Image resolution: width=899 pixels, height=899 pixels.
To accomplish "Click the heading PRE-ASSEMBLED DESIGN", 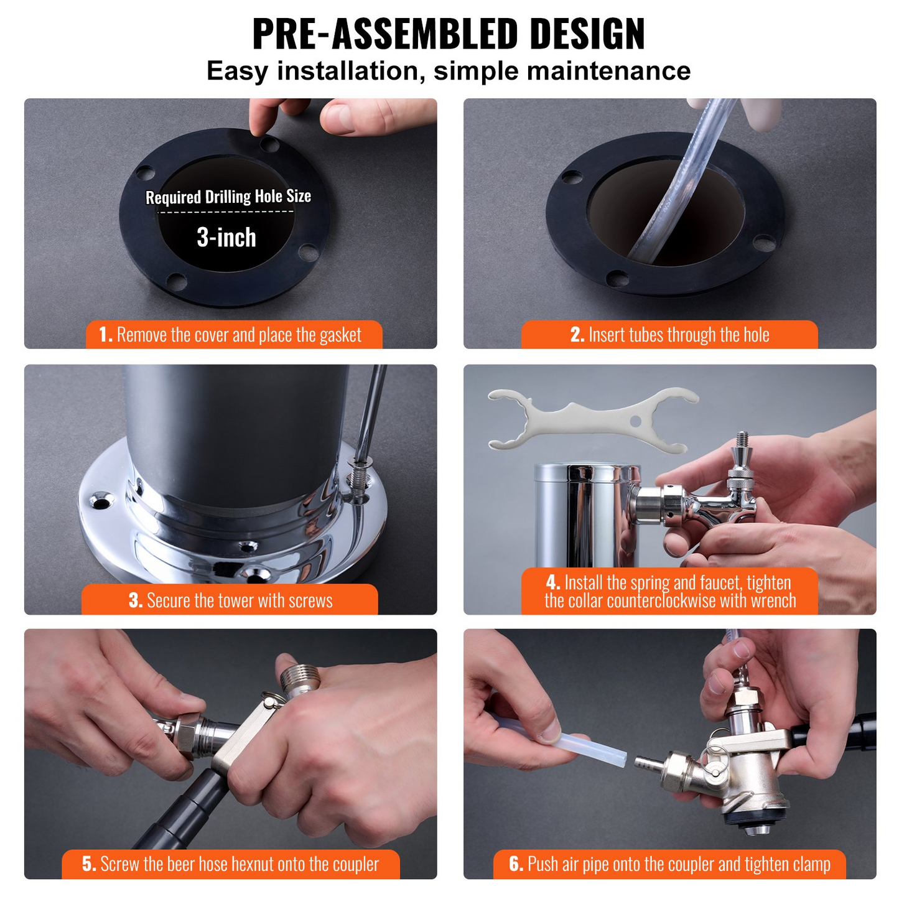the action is [x=449, y=34].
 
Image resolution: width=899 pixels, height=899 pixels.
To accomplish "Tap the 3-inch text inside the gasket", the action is [x=226, y=238].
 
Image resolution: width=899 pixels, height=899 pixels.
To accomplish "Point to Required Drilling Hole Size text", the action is [x=228, y=197].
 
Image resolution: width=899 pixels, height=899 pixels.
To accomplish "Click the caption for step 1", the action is [x=234, y=335].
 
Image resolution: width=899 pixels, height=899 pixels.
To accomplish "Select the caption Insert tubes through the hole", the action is [x=669, y=335].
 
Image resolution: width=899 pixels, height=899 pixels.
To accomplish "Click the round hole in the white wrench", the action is [x=635, y=421].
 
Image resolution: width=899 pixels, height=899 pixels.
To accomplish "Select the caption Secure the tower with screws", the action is [x=230, y=600].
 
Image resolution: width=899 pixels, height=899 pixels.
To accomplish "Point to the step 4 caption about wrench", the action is [x=669, y=592].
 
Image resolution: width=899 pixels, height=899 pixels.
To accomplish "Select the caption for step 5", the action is [x=230, y=864].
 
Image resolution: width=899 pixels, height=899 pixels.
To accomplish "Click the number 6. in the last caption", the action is [x=516, y=864].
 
